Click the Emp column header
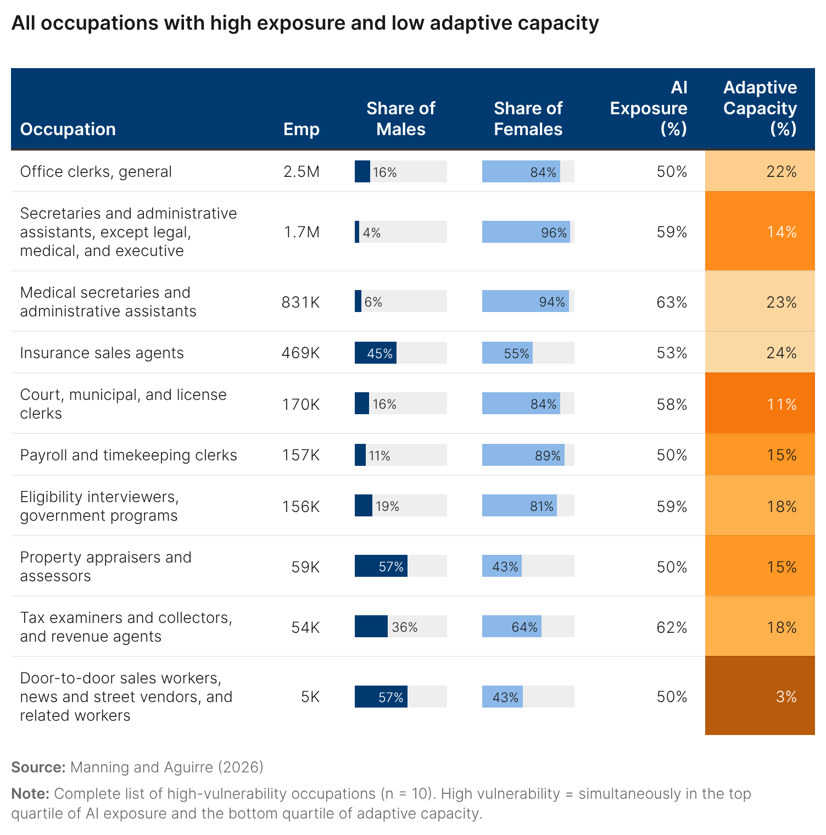click(301, 129)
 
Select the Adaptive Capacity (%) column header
click(760, 108)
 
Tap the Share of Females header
click(528, 119)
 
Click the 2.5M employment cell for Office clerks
click(302, 172)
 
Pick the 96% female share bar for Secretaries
click(526, 232)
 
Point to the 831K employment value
click(300, 302)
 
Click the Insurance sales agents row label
click(102, 353)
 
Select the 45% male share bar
click(376, 353)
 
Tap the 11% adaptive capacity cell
click(760, 404)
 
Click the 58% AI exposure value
click(672, 405)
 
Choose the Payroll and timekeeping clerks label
click(129, 455)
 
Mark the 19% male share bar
click(364, 506)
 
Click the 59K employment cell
click(305, 567)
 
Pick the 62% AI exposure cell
click(672, 627)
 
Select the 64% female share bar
click(512, 627)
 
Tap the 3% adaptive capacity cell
click(760, 697)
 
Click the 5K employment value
click(310, 697)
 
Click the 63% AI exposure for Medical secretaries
click(672, 302)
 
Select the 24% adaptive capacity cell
click(760, 353)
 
